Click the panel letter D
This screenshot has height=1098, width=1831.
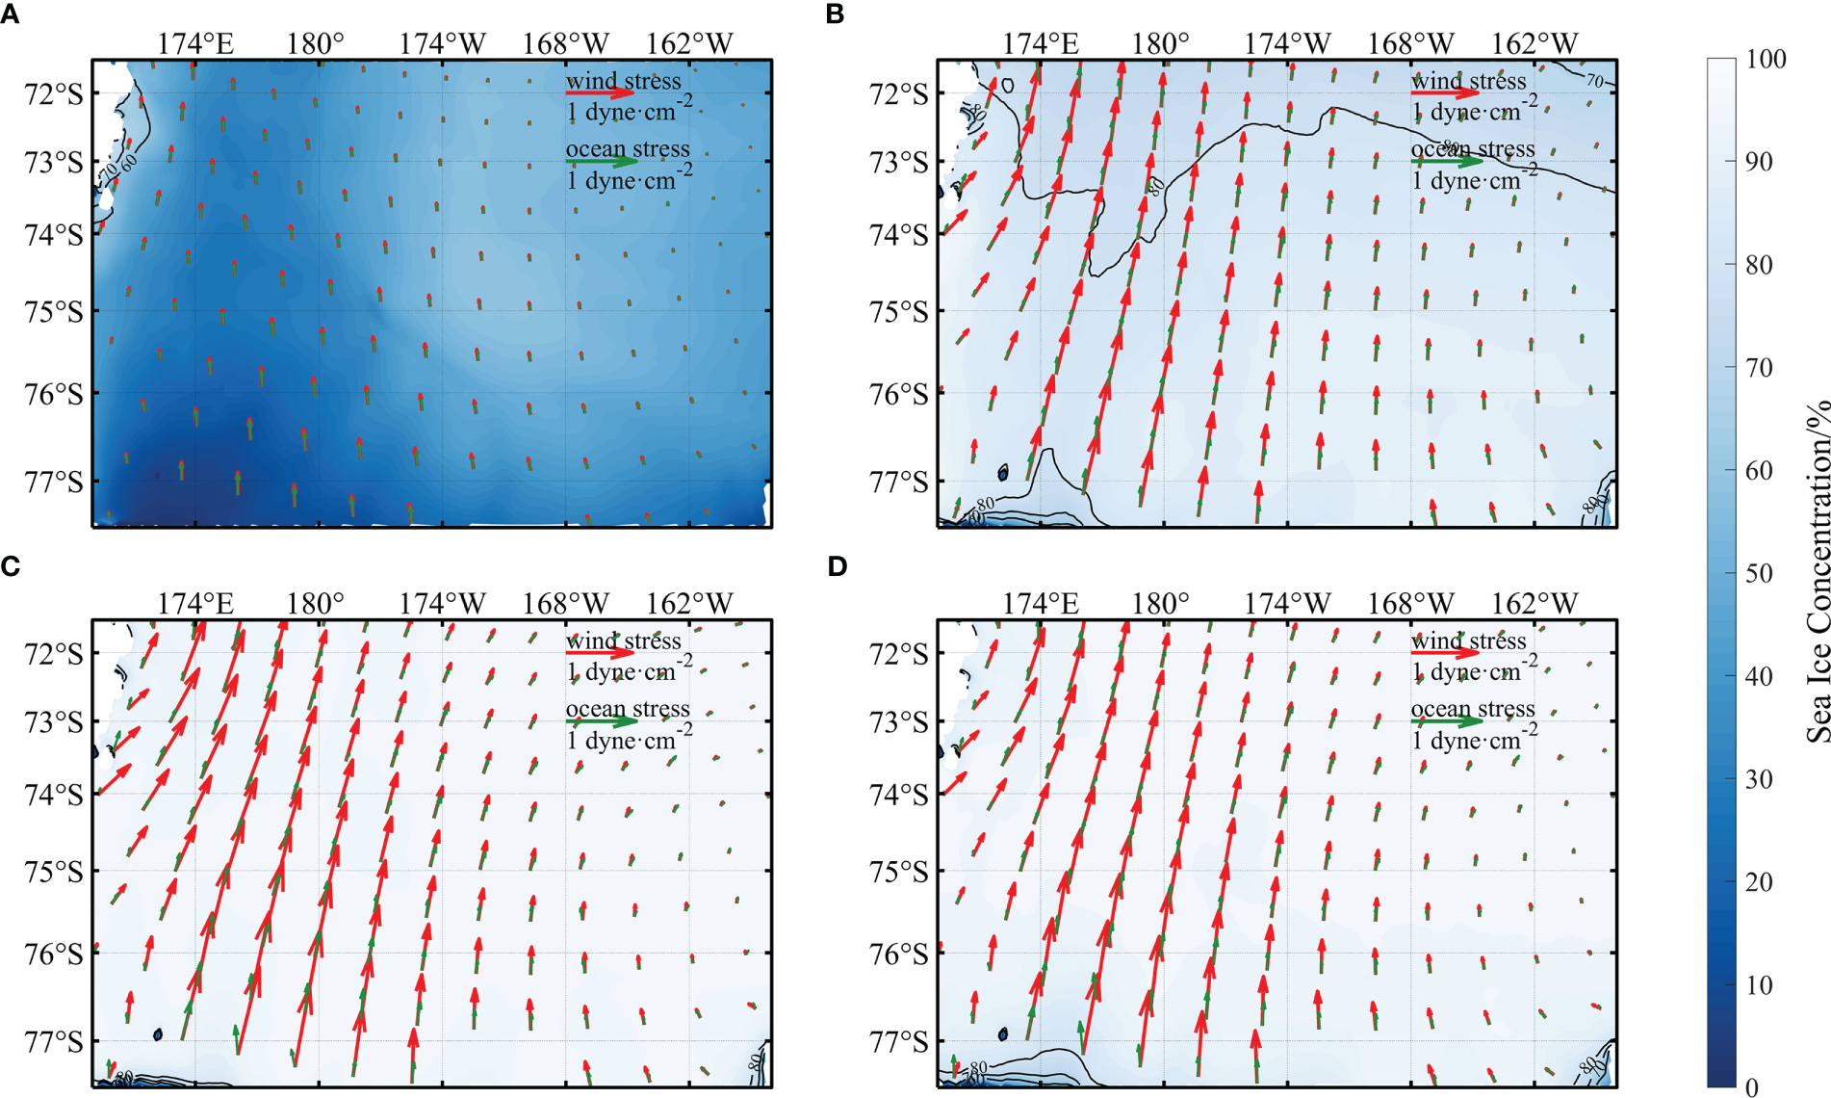[x=838, y=566]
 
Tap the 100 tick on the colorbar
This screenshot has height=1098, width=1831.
[x=1766, y=60]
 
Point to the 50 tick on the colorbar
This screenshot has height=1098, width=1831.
[x=1759, y=574]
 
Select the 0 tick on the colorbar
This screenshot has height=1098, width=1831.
[x=1751, y=1087]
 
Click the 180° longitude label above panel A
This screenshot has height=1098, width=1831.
[x=316, y=44]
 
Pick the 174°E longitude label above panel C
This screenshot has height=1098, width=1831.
[x=195, y=604]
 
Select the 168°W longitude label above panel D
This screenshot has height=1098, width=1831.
[x=1411, y=604]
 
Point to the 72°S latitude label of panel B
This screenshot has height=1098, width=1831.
[x=899, y=94]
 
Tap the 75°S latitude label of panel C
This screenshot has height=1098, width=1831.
[x=54, y=872]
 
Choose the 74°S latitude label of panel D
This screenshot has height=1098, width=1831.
[x=899, y=795]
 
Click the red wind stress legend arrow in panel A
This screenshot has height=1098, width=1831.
[x=600, y=94]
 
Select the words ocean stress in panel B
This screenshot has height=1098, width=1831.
[x=1473, y=149]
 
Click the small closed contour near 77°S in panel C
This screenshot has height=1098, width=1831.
[x=158, y=1034]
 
